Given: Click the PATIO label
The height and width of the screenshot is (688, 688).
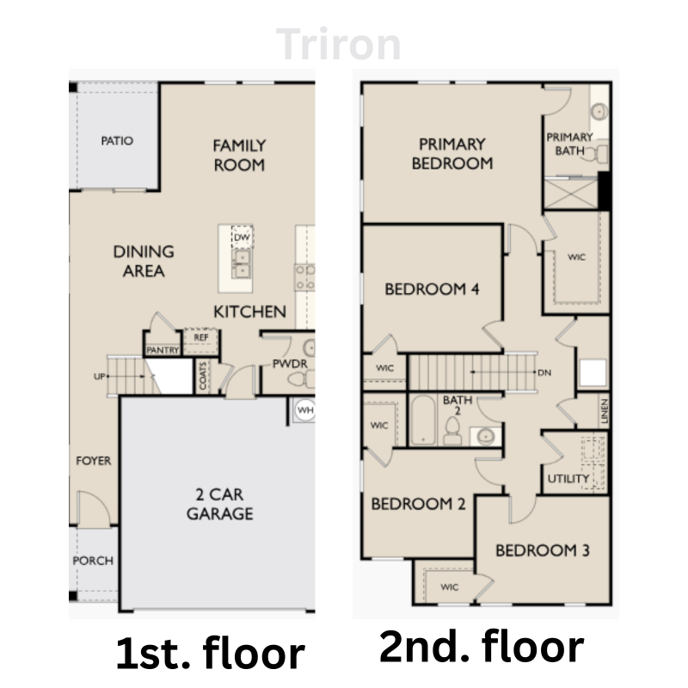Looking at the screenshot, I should [117, 140].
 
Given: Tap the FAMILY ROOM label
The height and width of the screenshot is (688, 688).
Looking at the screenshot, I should [239, 155].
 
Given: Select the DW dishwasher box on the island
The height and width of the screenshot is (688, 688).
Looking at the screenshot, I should [242, 236].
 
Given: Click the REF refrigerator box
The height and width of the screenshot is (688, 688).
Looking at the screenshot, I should [201, 338].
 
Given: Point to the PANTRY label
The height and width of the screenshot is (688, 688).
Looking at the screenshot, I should [163, 350].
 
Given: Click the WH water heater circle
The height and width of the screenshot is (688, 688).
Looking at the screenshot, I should [304, 410].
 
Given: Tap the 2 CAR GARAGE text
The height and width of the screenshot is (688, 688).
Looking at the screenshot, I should [221, 504].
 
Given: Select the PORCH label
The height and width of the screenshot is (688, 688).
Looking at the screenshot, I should [92, 561].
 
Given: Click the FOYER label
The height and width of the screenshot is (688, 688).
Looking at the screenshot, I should [92, 461].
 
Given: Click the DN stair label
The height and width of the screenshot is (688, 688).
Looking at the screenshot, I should [543, 373].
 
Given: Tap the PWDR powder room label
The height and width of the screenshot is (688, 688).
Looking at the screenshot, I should [290, 364].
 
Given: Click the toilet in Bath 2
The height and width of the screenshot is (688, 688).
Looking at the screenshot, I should [452, 430].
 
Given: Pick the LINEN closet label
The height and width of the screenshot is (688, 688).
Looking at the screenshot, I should [605, 412].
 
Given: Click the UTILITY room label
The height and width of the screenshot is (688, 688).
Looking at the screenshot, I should [568, 478].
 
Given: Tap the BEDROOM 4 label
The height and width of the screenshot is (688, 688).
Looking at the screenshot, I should [431, 289].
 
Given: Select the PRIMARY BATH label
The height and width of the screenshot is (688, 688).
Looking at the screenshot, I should [569, 144].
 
